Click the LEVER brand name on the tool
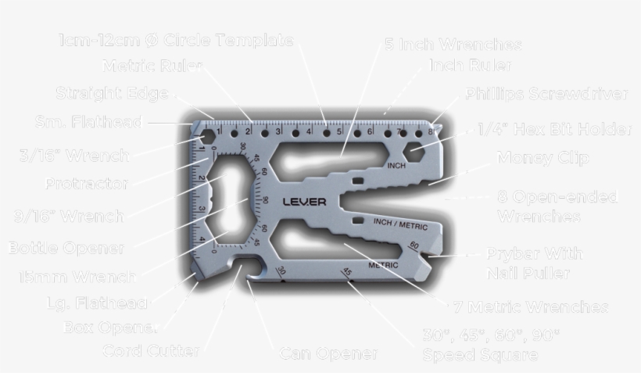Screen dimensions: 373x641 (301, 201)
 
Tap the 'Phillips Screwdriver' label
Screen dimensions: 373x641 (546, 95)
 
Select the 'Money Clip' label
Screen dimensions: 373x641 (543, 158)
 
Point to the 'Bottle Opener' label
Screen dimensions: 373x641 (66, 249)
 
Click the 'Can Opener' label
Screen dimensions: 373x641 (328, 354)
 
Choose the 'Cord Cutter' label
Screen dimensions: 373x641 (151, 351)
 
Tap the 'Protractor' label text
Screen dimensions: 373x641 (86, 185)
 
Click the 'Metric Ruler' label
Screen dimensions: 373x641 (152, 66)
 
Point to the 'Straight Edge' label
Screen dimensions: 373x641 (112, 94)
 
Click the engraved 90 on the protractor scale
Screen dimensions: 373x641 (265, 199)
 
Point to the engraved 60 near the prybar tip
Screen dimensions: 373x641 (414, 246)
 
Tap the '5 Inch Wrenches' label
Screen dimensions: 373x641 (453, 45)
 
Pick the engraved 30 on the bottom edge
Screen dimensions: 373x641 (281, 271)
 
